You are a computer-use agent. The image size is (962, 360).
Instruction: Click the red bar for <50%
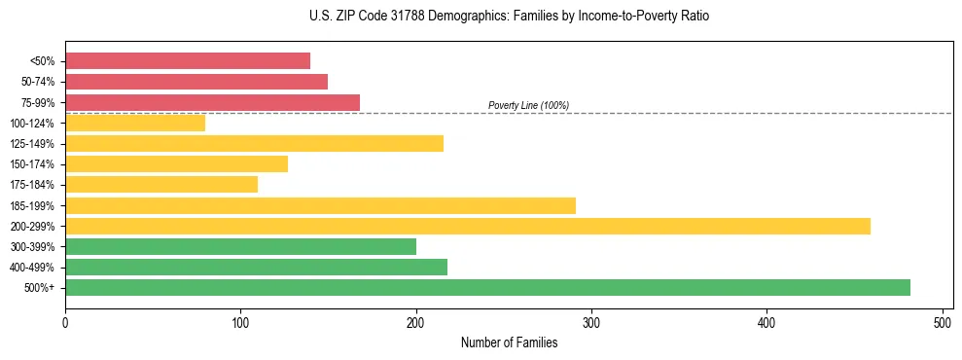[x=188, y=61]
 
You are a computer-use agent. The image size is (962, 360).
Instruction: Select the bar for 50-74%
[x=196, y=82]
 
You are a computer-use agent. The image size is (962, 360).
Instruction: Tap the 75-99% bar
[x=212, y=102]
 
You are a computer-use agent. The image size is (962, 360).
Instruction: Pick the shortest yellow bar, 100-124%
[x=135, y=123]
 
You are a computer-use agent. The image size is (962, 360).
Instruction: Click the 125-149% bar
[x=254, y=144]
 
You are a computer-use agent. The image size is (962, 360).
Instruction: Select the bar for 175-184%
[x=161, y=185]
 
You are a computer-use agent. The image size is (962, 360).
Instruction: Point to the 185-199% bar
[x=320, y=205]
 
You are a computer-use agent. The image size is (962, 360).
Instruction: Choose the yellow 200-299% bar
[x=468, y=226]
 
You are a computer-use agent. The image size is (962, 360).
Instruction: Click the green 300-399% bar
[x=240, y=246]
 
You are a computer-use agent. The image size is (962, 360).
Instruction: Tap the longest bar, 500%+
[x=487, y=287]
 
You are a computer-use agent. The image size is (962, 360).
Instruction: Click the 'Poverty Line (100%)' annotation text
[x=528, y=105]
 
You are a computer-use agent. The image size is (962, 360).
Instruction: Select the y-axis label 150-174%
[x=32, y=164]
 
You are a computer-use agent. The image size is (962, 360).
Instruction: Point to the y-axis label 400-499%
[x=32, y=268]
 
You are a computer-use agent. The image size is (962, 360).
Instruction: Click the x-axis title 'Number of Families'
[x=509, y=342]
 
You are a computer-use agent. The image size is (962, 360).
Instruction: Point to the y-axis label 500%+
[x=39, y=288]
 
